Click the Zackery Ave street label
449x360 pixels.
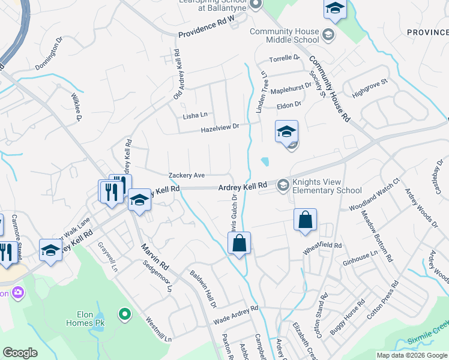pyautogui.click(x=187, y=175)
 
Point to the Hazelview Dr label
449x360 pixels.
pyautogui.click(x=220, y=127)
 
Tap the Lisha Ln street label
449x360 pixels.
pyautogui.click(x=195, y=115)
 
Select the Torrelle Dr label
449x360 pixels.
pyautogui.click(x=284, y=58)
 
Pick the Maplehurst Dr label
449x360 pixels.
pyautogui.click(x=291, y=88)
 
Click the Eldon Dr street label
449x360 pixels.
pyautogui.click(x=289, y=106)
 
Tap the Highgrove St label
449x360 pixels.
pyautogui.click(x=370, y=89)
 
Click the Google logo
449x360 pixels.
pyautogui.click(x=20, y=353)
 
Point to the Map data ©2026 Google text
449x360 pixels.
pyautogui.click(x=411, y=355)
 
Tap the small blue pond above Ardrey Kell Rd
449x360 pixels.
pyautogui.click(x=265, y=161)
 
